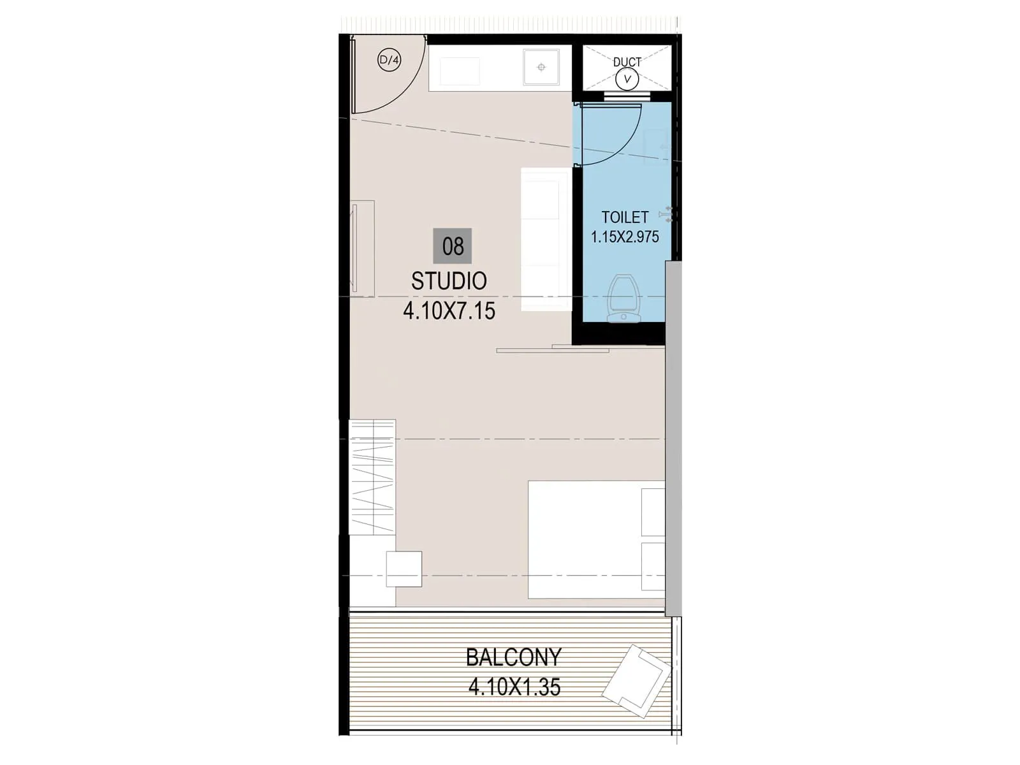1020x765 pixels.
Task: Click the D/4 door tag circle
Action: [x=389, y=61]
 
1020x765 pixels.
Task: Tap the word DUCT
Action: [x=627, y=62]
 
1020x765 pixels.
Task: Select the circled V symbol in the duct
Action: [x=627, y=79]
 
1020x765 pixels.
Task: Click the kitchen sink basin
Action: [x=541, y=67]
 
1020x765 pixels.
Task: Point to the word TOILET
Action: [x=625, y=217]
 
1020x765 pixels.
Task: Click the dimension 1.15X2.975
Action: [x=625, y=237]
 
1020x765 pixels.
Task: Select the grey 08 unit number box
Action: [x=453, y=246]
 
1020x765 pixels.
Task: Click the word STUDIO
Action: [x=449, y=281]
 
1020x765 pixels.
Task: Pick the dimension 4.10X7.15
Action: [x=449, y=311]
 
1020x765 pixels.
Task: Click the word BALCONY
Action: [x=513, y=657]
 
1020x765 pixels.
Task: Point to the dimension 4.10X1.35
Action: [x=514, y=687]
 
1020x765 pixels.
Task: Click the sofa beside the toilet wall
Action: [x=546, y=240]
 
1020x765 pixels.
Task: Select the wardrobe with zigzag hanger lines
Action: [x=372, y=477]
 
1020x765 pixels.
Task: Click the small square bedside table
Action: [x=404, y=569]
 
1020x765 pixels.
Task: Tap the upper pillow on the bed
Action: [x=653, y=512]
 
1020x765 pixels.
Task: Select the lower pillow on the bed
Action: [x=653, y=566]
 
